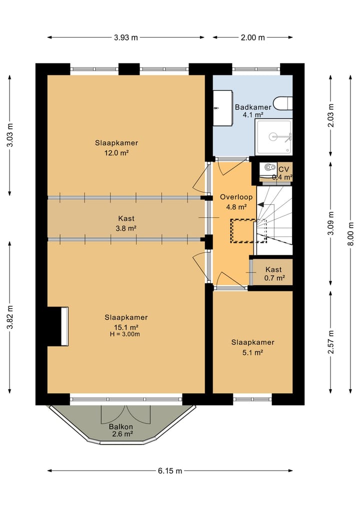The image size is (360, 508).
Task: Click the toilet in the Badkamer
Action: [283, 104]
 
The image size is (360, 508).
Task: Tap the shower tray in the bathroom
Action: [273, 137]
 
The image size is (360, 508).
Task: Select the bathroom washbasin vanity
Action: [223, 108]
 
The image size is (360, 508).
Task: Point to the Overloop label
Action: [236, 197]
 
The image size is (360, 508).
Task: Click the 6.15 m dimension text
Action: [170, 471]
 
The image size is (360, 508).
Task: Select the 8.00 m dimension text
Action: [350, 234]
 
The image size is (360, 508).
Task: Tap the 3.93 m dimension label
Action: [126, 37]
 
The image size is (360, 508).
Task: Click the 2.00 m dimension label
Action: [252, 37]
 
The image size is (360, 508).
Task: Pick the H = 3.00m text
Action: [125, 334]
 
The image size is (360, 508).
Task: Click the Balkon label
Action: [121, 427]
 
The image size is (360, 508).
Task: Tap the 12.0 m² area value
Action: [116, 152]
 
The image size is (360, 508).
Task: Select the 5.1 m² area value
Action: [252, 353]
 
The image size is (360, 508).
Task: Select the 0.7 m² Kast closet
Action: [273, 272]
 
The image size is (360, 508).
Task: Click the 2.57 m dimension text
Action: [330, 342]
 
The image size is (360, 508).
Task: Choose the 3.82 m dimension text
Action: [9, 317]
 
